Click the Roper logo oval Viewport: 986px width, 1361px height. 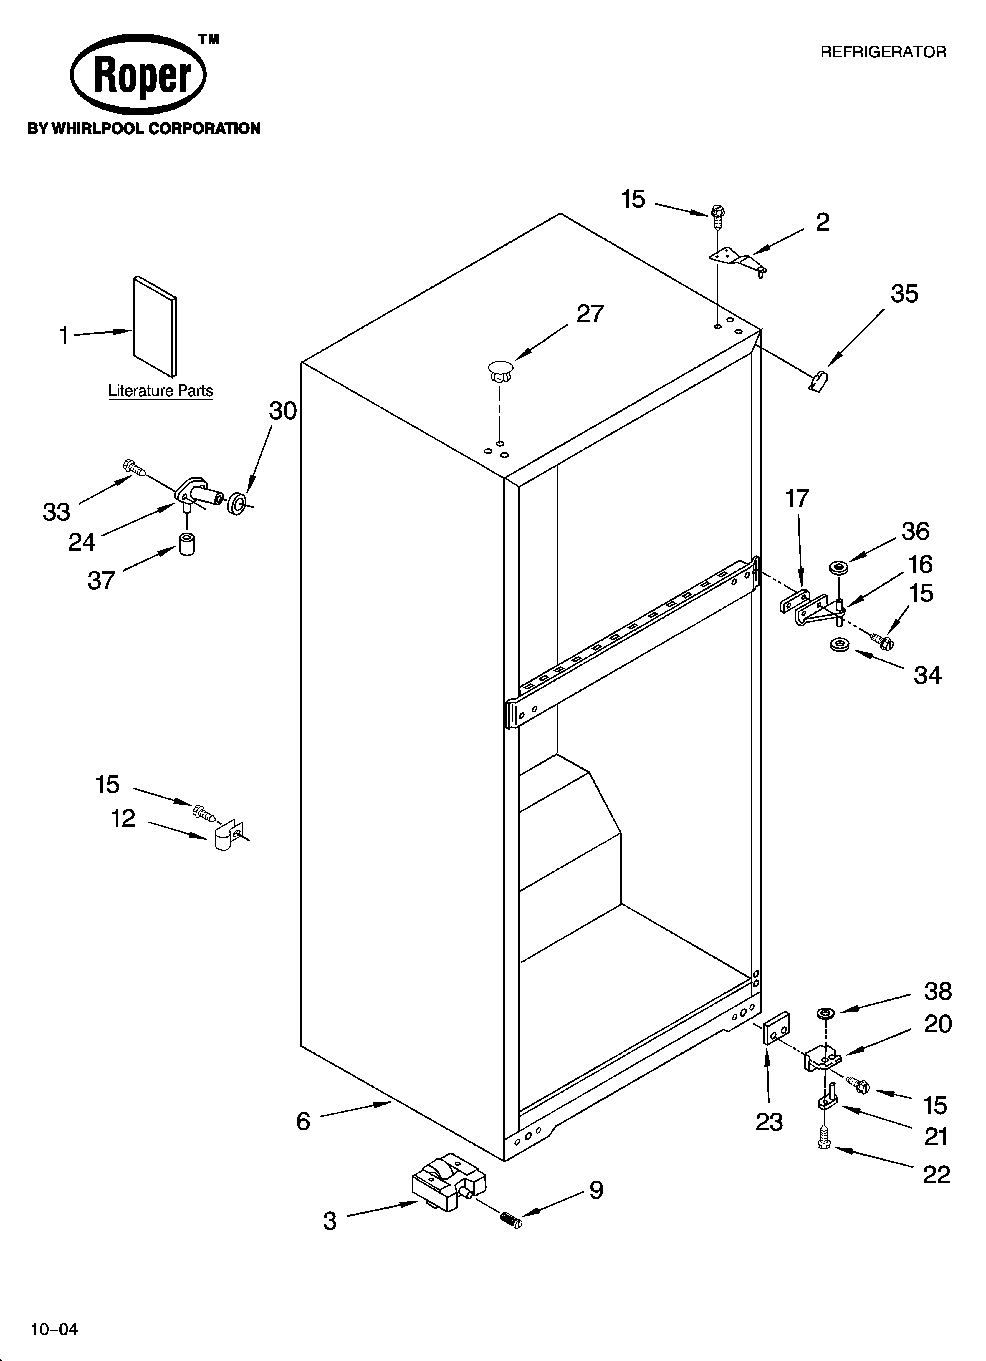coord(138,74)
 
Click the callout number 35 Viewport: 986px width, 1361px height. coord(904,294)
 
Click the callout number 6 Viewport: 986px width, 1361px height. coord(303,1121)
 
